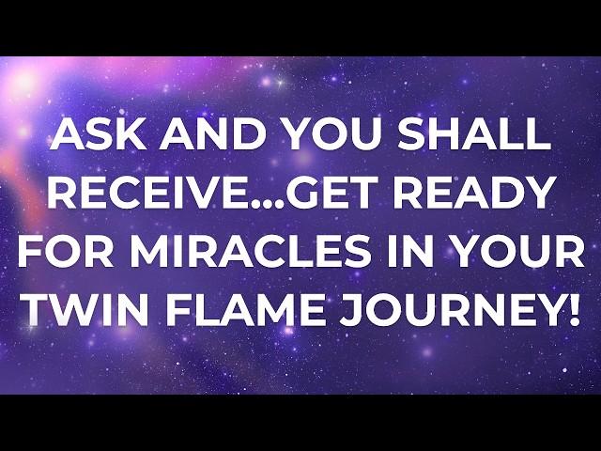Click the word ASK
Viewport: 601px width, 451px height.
[x=98, y=134]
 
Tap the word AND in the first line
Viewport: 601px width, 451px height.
[x=213, y=134]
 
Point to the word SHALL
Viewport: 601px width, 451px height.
[x=474, y=134]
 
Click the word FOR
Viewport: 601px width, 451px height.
[x=66, y=252]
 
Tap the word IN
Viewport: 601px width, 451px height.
[x=407, y=252]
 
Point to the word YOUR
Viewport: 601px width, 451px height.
[x=514, y=252]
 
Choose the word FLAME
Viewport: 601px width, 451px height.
[x=245, y=310]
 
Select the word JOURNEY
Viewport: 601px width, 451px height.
[x=453, y=310]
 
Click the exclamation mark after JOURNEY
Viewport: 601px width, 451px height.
[x=573, y=310]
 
